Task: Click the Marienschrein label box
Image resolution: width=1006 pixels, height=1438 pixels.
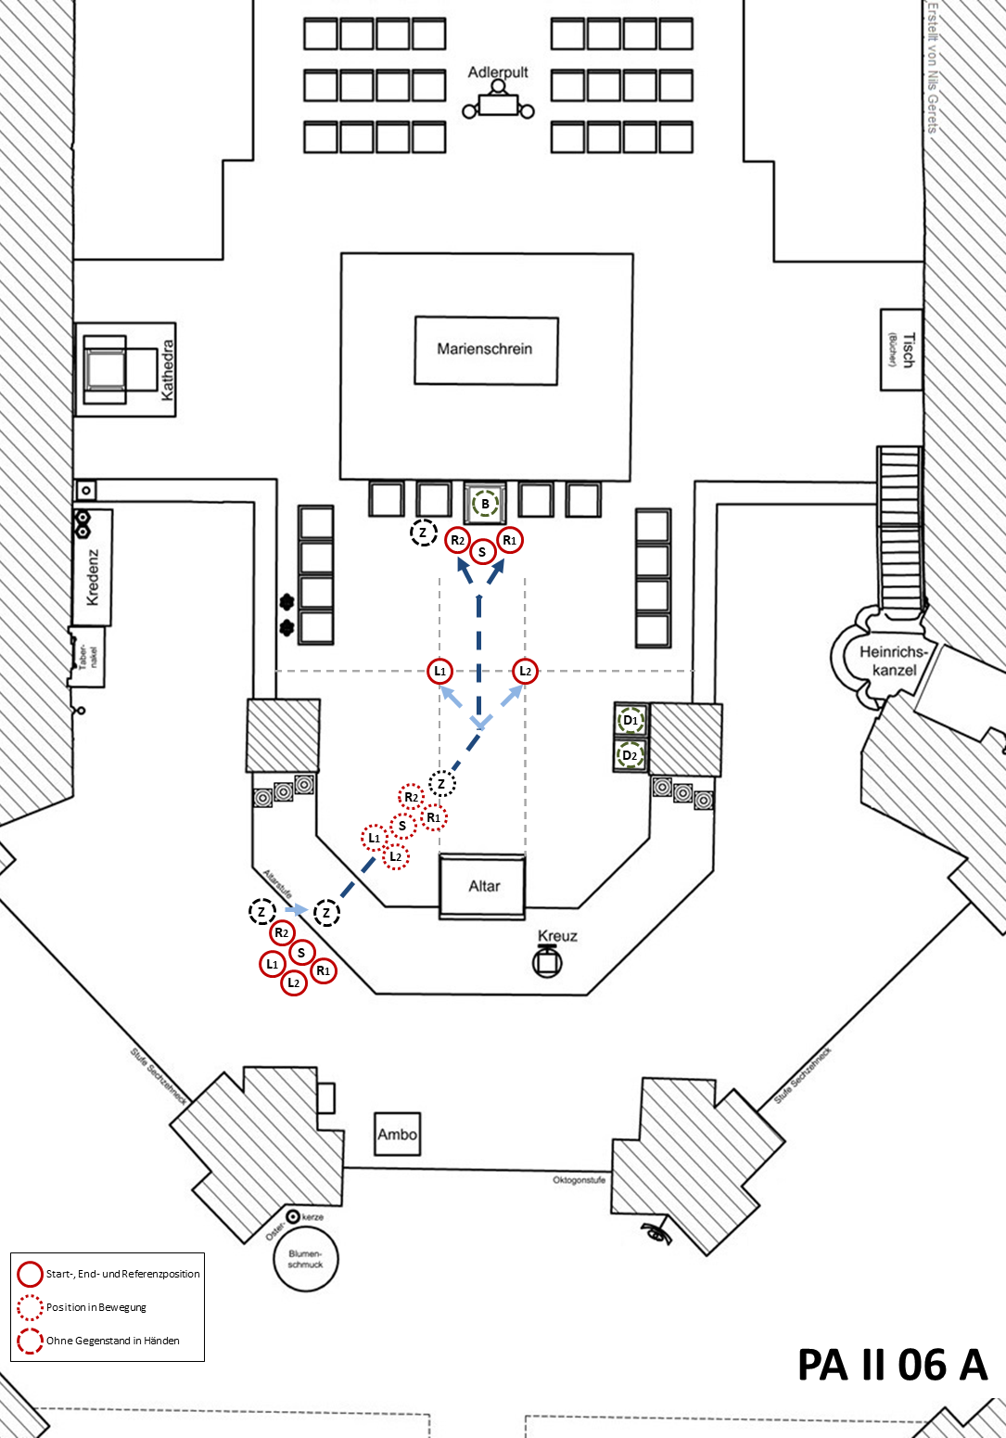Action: (x=485, y=350)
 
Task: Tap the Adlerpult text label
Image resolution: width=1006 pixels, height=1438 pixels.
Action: (x=498, y=72)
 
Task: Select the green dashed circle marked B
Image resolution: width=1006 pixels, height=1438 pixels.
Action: (x=485, y=505)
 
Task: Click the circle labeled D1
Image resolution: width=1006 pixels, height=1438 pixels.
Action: (x=630, y=720)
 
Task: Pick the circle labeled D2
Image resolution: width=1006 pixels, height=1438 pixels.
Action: (x=630, y=755)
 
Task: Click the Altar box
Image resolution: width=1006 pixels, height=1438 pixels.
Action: (x=483, y=886)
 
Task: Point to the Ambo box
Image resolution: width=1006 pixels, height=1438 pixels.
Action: (x=397, y=1134)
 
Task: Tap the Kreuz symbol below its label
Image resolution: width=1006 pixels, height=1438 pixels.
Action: (x=547, y=962)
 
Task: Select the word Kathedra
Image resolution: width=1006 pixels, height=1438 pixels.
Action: (x=168, y=370)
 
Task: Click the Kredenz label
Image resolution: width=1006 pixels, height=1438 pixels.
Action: (x=92, y=577)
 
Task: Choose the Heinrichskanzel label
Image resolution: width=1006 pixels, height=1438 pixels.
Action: (x=894, y=661)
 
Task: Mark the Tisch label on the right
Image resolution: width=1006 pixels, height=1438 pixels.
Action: (x=907, y=351)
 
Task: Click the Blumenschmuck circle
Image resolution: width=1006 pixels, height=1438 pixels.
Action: (x=305, y=1259)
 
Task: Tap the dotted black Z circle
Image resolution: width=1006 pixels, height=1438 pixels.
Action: (x=441, y=784)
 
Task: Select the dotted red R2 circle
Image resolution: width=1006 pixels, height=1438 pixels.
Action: (x=411, y=797)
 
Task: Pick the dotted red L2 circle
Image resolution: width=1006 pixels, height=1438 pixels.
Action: (x=396, y=856)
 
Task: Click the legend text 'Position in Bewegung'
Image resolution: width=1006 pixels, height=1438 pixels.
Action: (x=96, y=1307)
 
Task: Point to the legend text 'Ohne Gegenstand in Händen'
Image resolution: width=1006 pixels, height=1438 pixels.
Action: (x=113, y=1341)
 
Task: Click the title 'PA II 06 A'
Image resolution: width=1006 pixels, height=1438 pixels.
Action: (x=892, y=1365)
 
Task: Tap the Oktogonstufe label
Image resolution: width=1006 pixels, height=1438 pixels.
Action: (x=579, y=1180)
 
